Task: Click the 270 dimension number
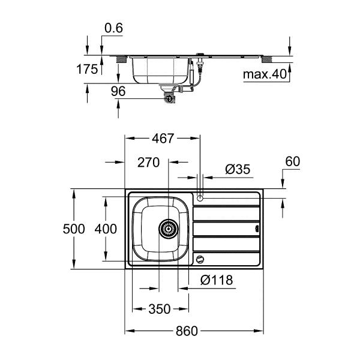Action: pyautogui.click(x=148, y=162)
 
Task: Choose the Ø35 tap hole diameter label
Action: pyautogui.click(x=238, y=169)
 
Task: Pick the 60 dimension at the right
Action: pyautogui.click(x=292, y=162)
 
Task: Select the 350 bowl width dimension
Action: pyautogui.click(x=160, y=310)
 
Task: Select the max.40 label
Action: pyautogui.click(x=262, y=75)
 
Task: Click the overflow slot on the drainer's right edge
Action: pyautogui.click(x=256, y=229)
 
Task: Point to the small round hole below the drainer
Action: pyautogui.click(x=200, y=260)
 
